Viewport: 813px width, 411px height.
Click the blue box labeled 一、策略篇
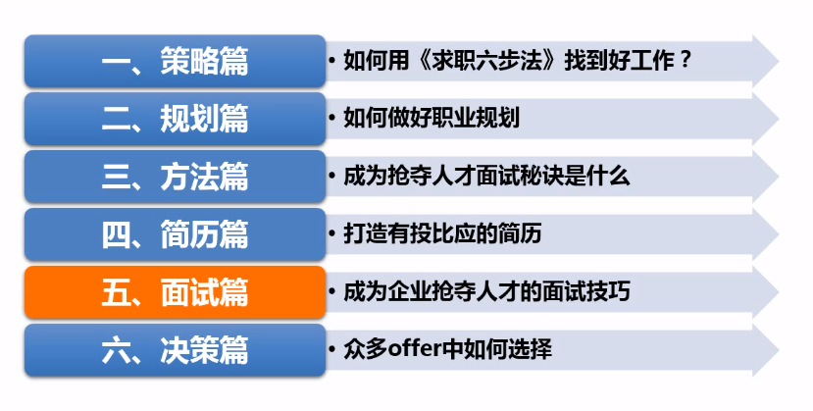(x=175, y=61)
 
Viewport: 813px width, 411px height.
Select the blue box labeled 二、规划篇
(x=175, y=119)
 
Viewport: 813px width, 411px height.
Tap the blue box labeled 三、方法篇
(x=175, y=177)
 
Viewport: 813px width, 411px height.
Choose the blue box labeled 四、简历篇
(x=175, y=234)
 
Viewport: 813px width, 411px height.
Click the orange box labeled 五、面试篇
(x=175, y=292)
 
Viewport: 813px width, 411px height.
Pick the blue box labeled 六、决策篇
(x=175, y=350)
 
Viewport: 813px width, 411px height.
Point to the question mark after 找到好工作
(x=686, y=61)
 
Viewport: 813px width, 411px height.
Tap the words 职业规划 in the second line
(x=481, y=119)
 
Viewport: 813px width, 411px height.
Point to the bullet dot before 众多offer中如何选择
(x=333, y=350)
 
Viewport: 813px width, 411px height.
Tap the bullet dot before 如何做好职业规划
(x=333, y=119)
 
